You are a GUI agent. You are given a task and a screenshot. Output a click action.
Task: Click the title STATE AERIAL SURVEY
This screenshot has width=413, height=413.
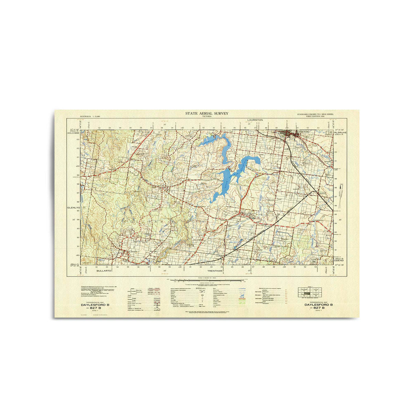click(206, 113)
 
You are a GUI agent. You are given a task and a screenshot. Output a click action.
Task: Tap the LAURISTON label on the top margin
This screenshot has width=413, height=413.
click(255, 120)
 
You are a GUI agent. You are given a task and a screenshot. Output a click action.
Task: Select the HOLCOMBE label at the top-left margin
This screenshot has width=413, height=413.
click(74, 133)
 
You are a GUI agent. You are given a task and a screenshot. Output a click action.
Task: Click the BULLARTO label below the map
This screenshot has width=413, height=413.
click(105, 271)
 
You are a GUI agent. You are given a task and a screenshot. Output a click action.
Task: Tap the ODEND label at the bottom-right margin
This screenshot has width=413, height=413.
click(339, 261)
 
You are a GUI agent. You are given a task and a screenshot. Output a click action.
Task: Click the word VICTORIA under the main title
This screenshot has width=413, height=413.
click(206, 117)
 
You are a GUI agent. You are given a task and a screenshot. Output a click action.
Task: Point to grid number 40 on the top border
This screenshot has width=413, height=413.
click(182, 128)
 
